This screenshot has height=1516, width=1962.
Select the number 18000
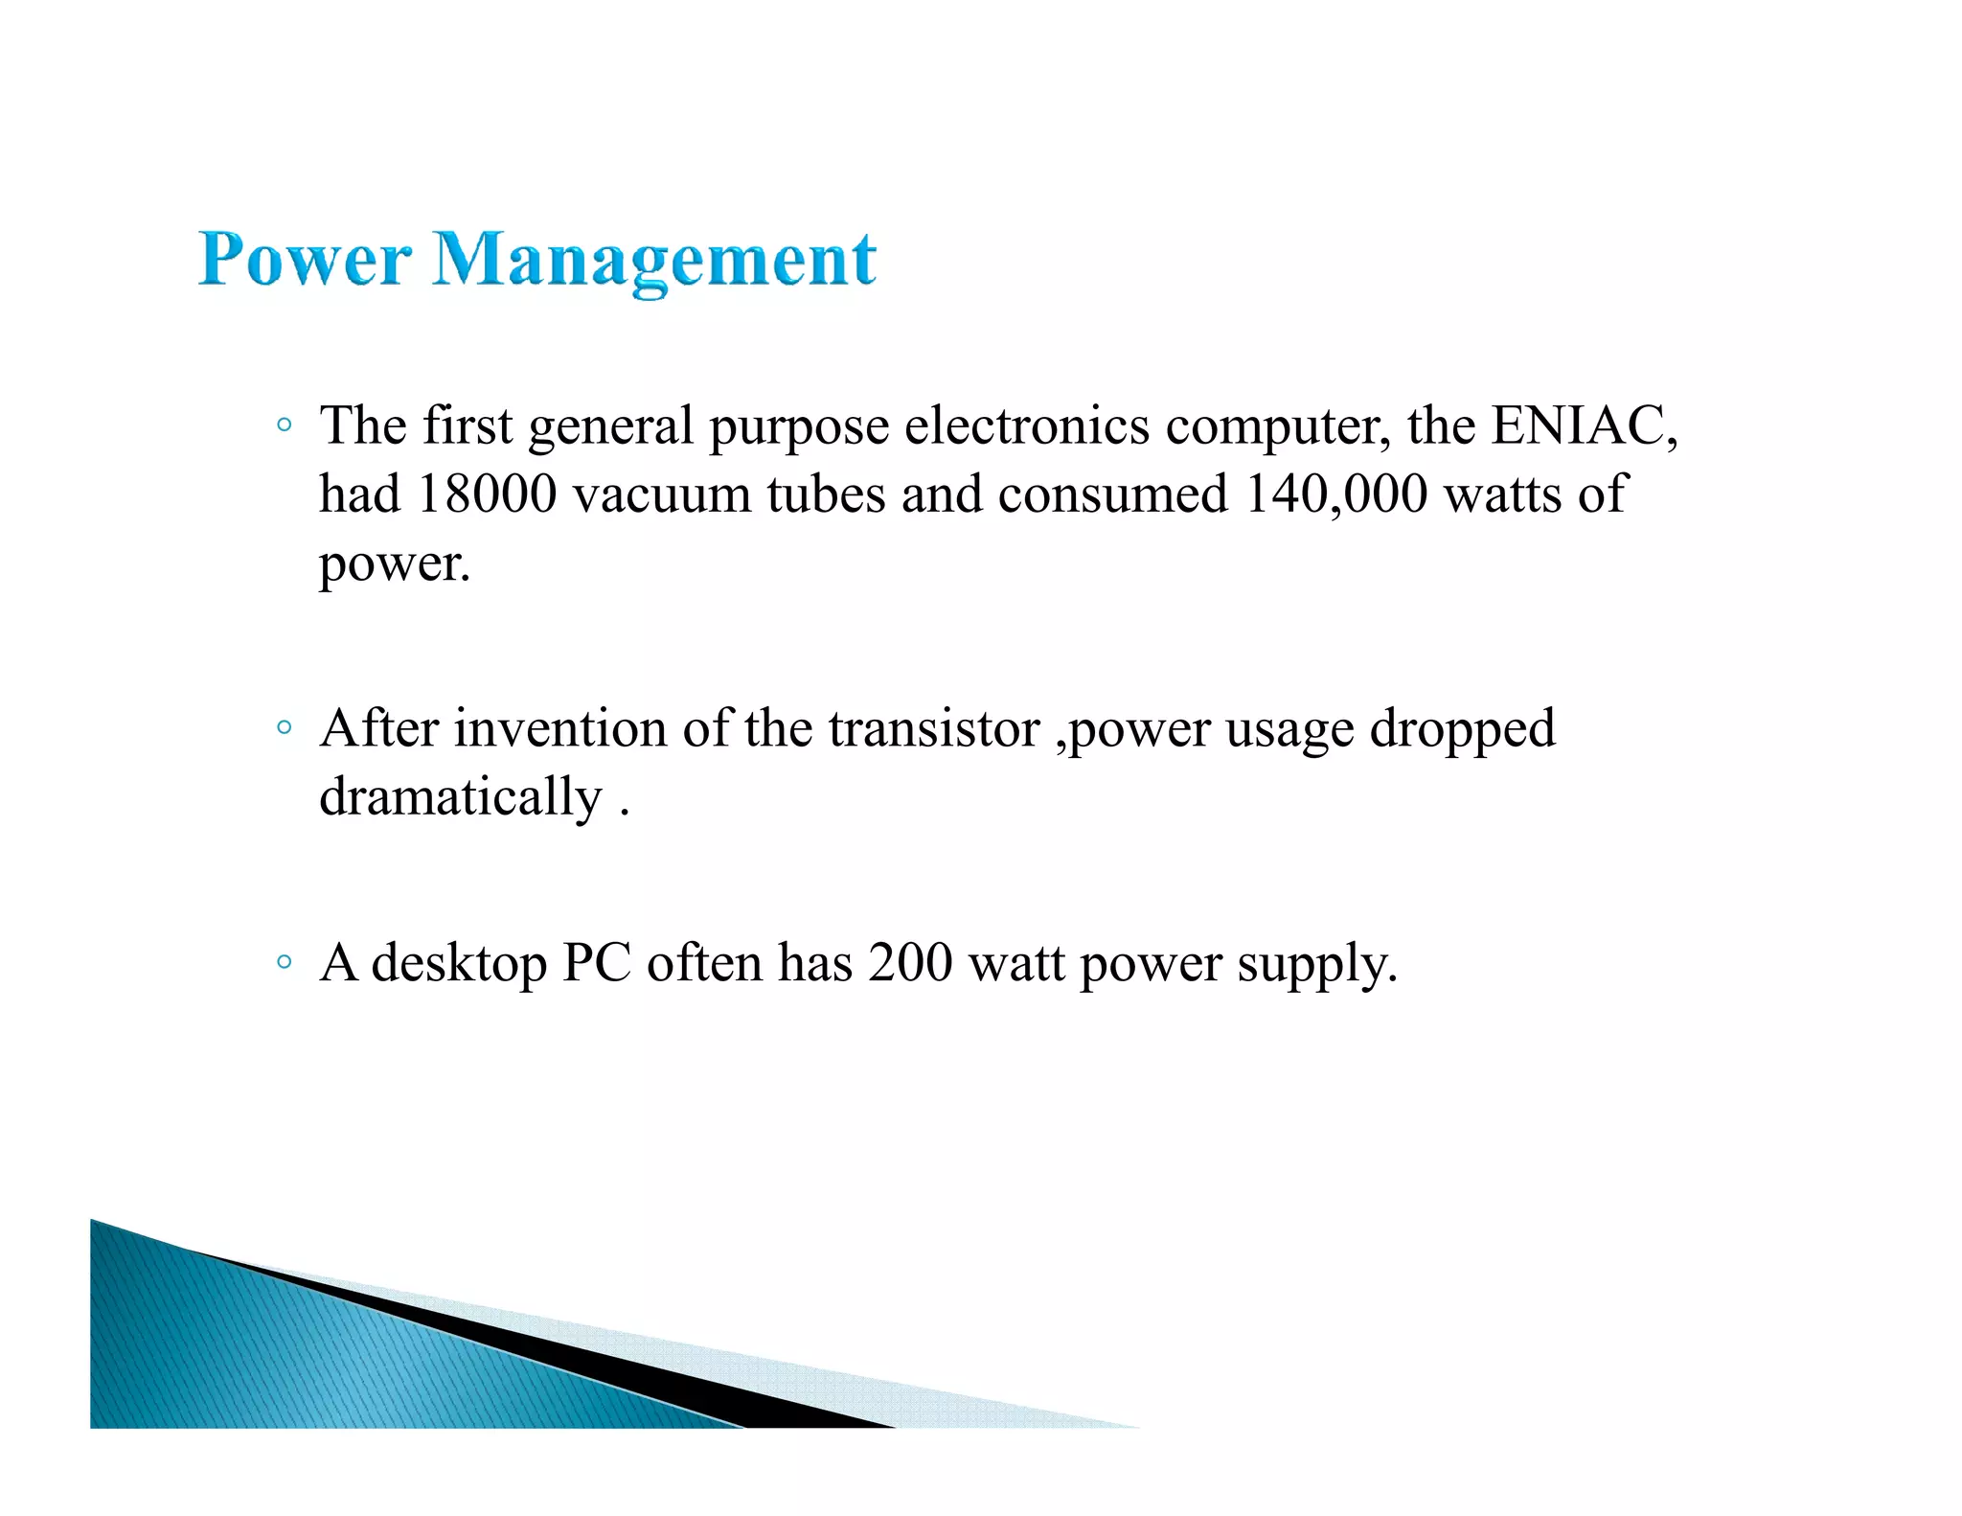coord(487,494)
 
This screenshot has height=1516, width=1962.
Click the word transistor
coord(934,729)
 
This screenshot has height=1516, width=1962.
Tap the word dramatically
coord(460,798)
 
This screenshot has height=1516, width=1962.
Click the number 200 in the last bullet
coord(910,963)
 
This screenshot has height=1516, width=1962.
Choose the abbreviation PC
coord(596,963)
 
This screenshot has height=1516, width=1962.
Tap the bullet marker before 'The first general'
coord(284,425)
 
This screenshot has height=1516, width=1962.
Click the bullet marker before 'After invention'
coord(284,727)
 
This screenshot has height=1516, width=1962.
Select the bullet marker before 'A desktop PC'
coord(284,961)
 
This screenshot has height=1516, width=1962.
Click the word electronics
coord(1026,425)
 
